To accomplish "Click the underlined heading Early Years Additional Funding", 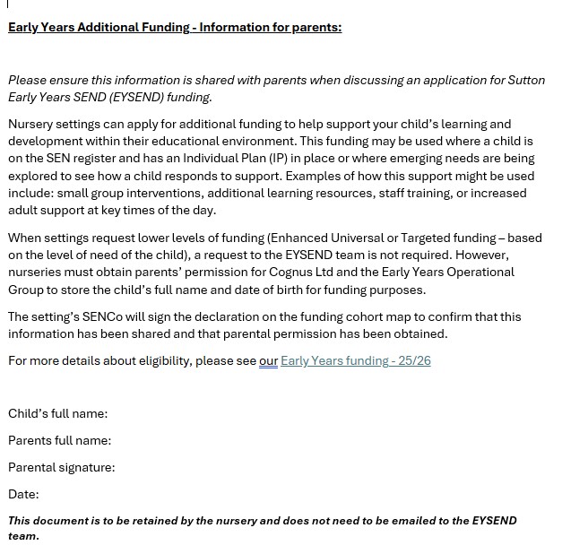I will (x=175, y=27).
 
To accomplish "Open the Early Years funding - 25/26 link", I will (x=356, y=360).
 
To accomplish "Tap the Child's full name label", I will (x=57, y=413).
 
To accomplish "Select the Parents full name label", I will (x=59, y=440).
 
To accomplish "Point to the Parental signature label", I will (x=61, y=467).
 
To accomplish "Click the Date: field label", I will (x=23, y=494).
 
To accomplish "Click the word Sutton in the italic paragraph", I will (x=524, y=80).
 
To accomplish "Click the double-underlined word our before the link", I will (x=268, y=360).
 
